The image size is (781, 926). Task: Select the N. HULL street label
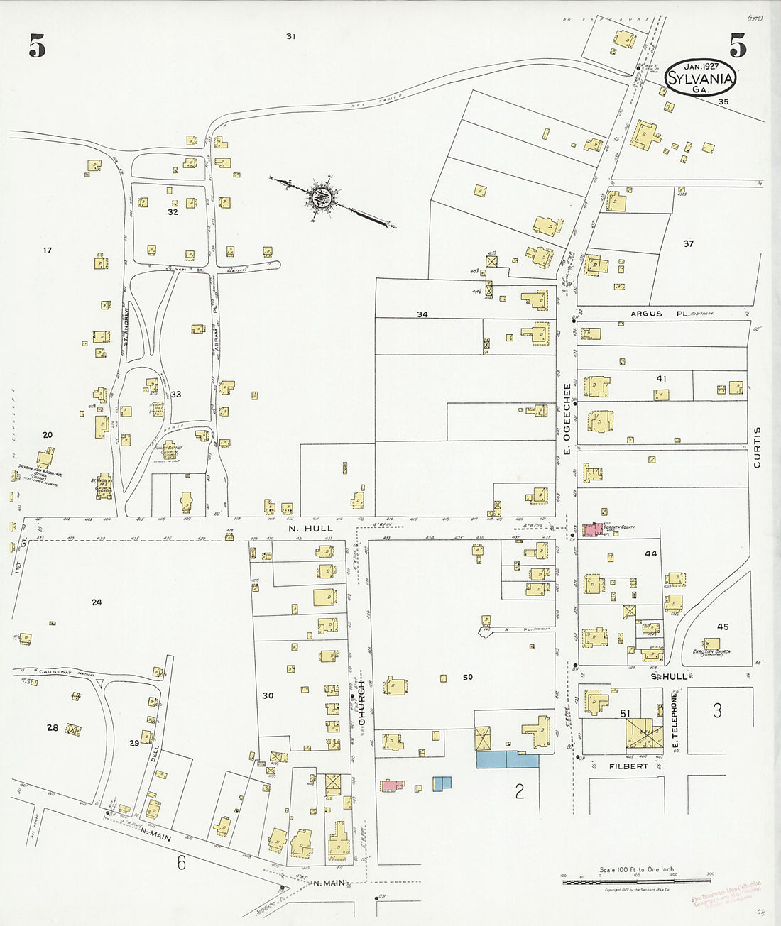pos(310,529)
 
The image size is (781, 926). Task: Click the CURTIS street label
pos(757,447)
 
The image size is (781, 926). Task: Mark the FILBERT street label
pos(628,766)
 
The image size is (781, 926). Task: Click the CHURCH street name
pos(361,702)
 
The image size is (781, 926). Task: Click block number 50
pos(467,677)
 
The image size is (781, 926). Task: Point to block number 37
pos(688,243)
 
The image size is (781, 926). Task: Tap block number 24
pos(97,602)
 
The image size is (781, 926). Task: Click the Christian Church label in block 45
pos(711,652)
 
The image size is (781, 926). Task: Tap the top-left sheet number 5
pos(37,47)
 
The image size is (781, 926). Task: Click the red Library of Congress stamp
pos(726,895)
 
